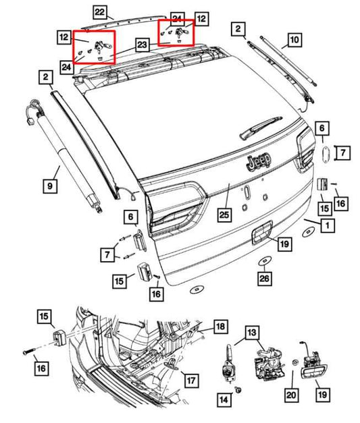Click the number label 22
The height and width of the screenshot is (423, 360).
[x=99, y=12]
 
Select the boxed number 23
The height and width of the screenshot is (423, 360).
[x=142, y=45]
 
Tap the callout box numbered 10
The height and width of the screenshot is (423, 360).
[x=294, y=40]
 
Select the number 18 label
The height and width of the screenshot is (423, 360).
[x=220, y=327]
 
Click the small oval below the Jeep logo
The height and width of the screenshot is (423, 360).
[x=248, y=192]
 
